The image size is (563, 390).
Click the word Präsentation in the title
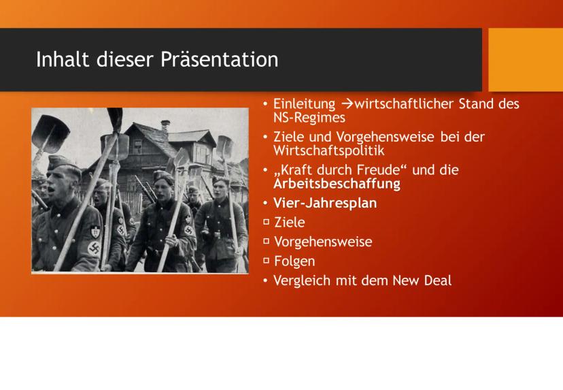coord(220,59)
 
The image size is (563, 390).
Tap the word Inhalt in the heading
coord(63,59)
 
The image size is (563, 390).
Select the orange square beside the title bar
coord(526,60)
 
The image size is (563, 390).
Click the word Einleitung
coord(304,104)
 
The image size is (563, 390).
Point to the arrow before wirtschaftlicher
coord(347,104)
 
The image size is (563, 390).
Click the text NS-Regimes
coord(309,118)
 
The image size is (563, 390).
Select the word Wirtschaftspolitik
coord(329,150)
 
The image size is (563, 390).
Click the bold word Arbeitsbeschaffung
coord(337,184)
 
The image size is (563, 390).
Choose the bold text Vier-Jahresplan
coord(325,203)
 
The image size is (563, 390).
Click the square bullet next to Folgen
coord(266,260)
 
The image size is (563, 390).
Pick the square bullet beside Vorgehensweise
coord(266,241)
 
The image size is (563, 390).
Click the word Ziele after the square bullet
coord(290,222)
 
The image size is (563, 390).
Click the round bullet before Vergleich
coord(265,280)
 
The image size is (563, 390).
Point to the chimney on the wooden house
coord(165,126)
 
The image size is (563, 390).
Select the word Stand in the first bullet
coord(476,104)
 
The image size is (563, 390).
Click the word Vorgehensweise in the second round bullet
coord(385,137)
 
